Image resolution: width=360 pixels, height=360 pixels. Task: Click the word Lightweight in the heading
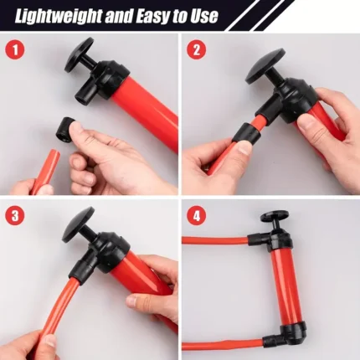pyautogui.click(x=59, y=16)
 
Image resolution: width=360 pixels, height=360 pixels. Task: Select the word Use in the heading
pyautogui.click(x=204, y=16)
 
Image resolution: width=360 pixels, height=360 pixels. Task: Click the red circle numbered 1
pyautogui.click(x=15, y=50)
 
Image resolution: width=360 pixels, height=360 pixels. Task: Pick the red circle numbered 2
pyautogui.click(x=197, y=50)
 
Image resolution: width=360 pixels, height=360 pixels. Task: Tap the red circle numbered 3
pyautogui.click(x=15, y=216)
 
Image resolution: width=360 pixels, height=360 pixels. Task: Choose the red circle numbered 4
pyautogui.click(x=197, y=216)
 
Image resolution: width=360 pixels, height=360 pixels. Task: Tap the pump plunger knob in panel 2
pyautogui.click(x=265, y=66)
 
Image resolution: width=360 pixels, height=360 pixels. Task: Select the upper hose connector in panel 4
pyautogui.click(x=258, y=239)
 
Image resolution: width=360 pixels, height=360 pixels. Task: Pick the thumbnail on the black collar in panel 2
pyautogui.click(x=244, y=147)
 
